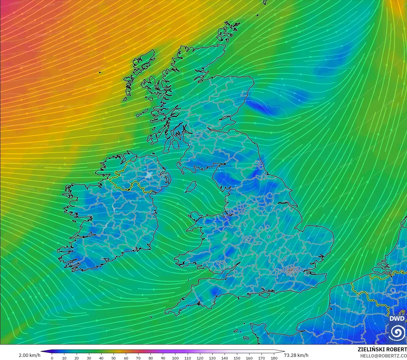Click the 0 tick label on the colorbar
[x=52, y=358]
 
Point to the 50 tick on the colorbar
[x=114, y=358]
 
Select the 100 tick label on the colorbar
[x=175, y=358]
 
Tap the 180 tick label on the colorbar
[x=274, y=358]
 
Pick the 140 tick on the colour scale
[x=225, y=358]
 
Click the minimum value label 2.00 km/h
[x=29, y=355]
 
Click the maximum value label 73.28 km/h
[x=296, y=355]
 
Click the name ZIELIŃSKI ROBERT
[x=382, y=349]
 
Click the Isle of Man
[x=191, y=186]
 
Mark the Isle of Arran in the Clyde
[x=175, y=144]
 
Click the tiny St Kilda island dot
[x=100, y=72]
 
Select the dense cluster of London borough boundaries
[x=291, y=270]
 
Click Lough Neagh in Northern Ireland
[x=149, y=175]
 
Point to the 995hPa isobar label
[x=14, y=4]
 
